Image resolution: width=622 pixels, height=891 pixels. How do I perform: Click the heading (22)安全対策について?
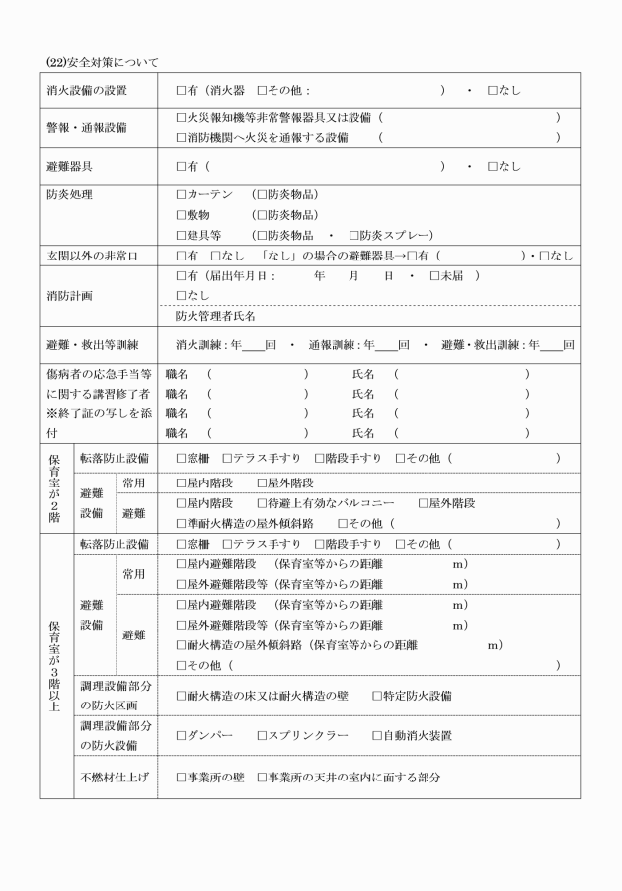point(102,62)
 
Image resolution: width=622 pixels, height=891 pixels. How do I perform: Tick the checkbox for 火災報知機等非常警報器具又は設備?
point(181,118)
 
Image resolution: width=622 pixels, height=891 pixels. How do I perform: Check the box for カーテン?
point(181,195)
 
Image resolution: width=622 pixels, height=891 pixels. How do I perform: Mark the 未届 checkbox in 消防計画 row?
point(435,275)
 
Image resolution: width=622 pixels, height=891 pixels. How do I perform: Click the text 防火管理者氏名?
point(215,316)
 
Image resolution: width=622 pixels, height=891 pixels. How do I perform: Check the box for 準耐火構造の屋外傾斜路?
point(181,523)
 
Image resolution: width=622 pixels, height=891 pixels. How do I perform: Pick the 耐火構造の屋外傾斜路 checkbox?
point(181,645)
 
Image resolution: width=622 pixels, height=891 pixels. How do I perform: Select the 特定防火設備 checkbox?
point(377,696)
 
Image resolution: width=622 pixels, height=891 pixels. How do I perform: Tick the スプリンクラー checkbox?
point(263,735)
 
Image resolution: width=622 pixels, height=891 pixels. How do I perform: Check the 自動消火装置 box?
point(377,735)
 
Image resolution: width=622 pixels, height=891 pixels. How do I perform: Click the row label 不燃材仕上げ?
point(115,778)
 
